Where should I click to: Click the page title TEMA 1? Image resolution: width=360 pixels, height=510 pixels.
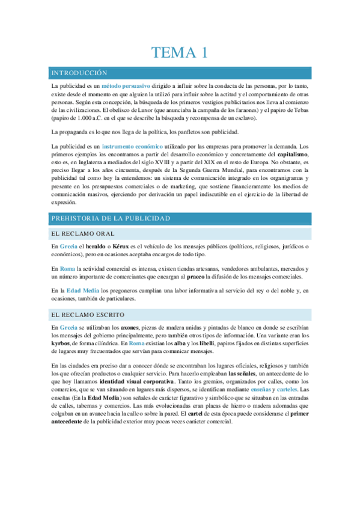click(180, 52)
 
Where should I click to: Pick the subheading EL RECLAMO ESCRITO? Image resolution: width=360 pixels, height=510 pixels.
click(88, 314)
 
